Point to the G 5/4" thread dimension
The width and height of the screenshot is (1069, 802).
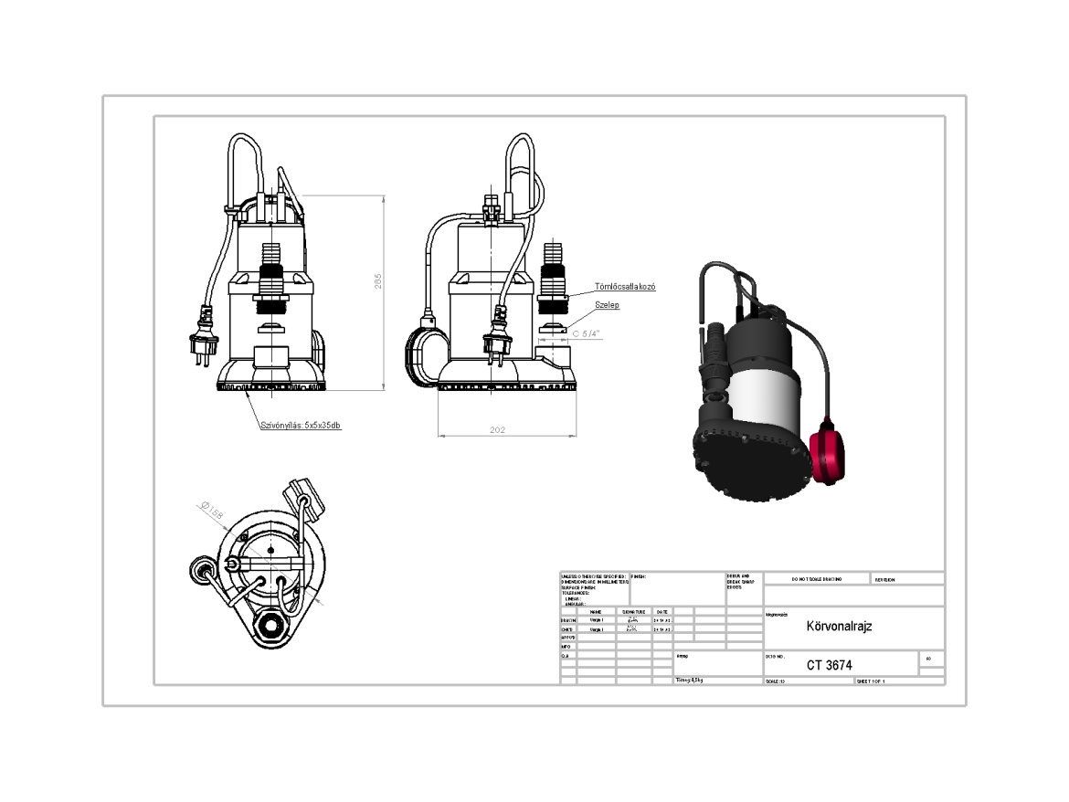(586, 333)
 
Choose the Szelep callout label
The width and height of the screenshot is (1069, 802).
(608, 305)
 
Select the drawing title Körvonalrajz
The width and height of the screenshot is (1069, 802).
(839, 628)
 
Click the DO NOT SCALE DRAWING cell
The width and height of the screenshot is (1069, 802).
(810, 579)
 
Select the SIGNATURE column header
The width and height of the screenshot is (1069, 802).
(633, 611)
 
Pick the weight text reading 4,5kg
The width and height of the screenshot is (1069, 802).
(691, 681)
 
